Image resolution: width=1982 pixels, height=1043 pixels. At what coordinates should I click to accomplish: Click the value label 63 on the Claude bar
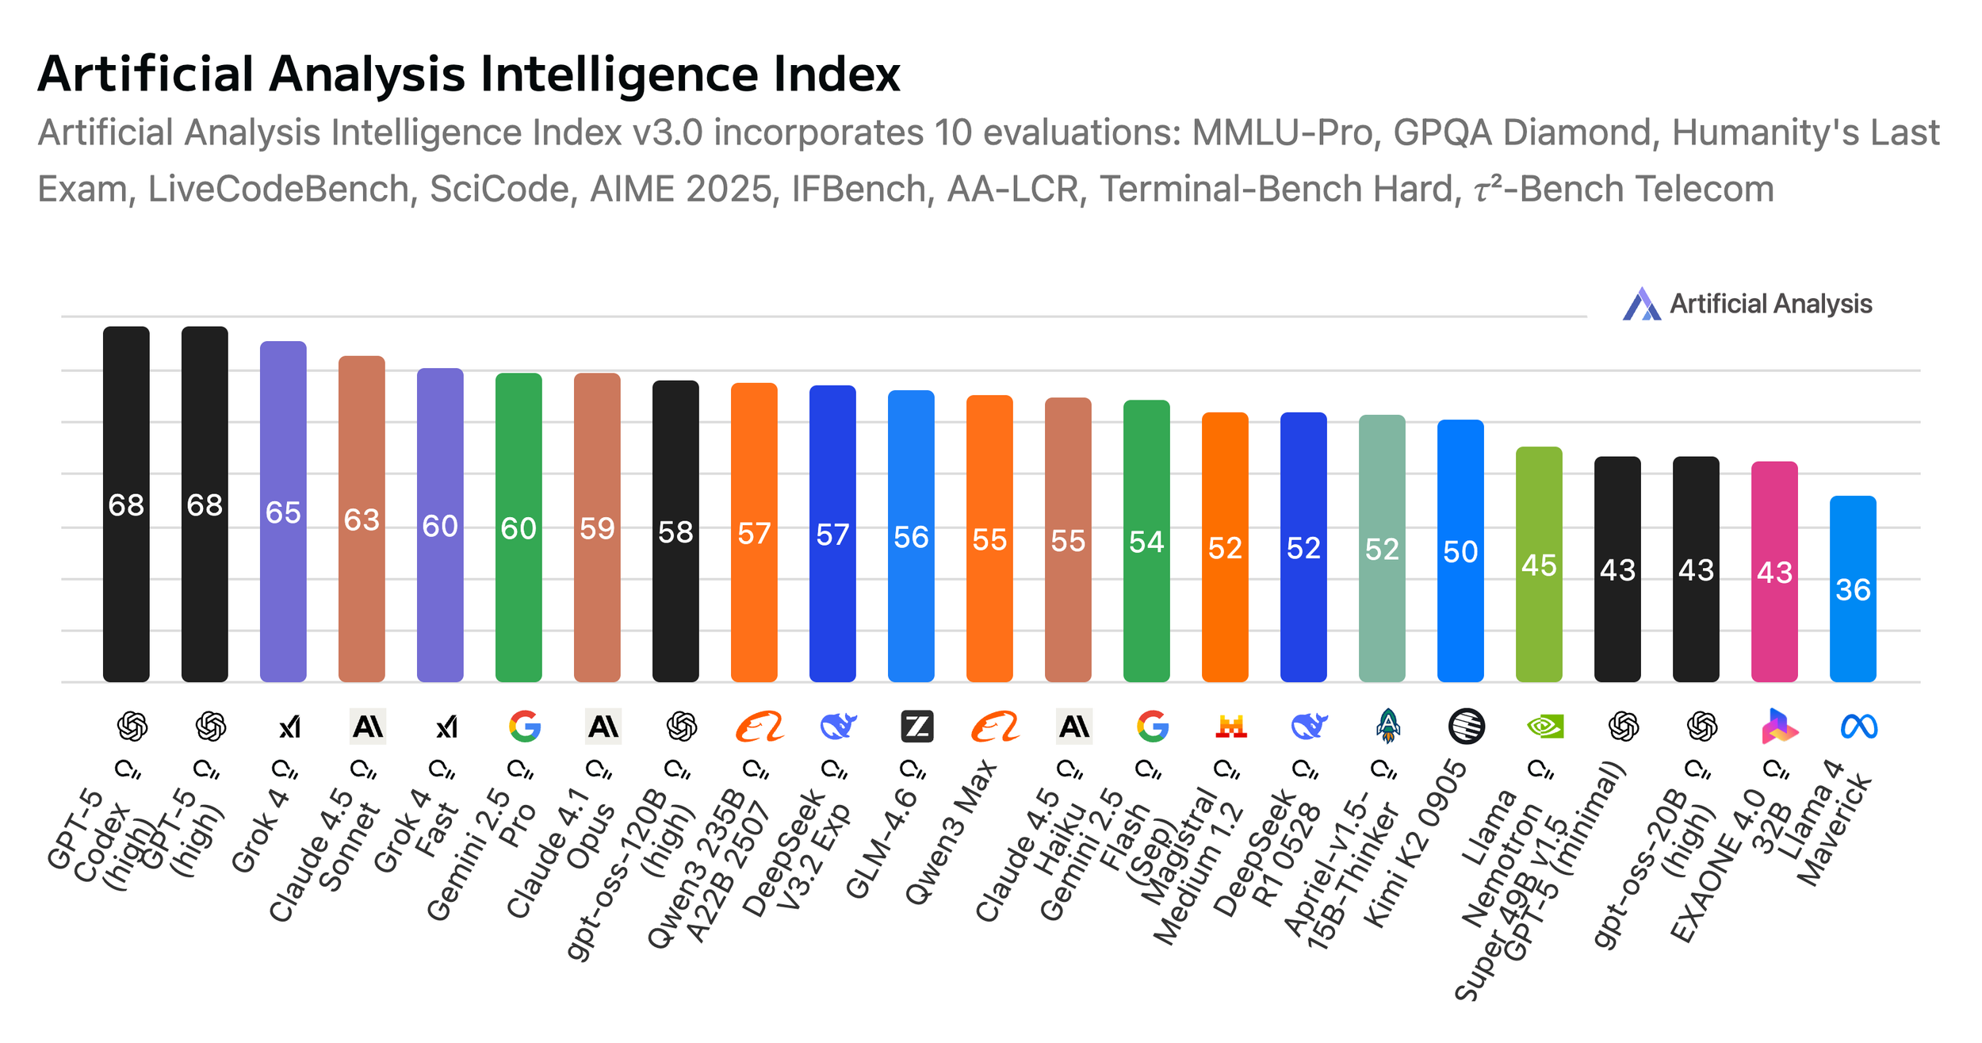(x=362, y=520)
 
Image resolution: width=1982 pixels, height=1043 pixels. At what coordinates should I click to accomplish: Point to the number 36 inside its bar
(x=1853, y=589)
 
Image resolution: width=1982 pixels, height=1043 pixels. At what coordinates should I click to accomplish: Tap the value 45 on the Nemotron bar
(x=1539, y=566)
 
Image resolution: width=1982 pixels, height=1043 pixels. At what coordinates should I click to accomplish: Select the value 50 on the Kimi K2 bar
(x=1460, y=551)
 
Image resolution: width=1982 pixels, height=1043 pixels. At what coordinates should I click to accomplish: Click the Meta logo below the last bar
(x=1858, y=727)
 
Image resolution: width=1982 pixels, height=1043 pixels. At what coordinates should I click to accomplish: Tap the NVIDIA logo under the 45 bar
(x=1545, y=727)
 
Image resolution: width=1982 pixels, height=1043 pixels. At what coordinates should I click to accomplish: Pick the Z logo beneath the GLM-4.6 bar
(x=917, y=727)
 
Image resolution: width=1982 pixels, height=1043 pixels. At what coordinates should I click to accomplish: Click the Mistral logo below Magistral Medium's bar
(x=1230, y=727)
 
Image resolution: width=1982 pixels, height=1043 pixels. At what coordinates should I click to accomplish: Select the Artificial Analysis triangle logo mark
(x=1641, y=304)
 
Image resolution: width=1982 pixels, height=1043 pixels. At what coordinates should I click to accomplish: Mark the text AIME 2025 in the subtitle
(x=681, y=190)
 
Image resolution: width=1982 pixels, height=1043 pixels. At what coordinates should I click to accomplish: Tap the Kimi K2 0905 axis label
(x=1415, y=842)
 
